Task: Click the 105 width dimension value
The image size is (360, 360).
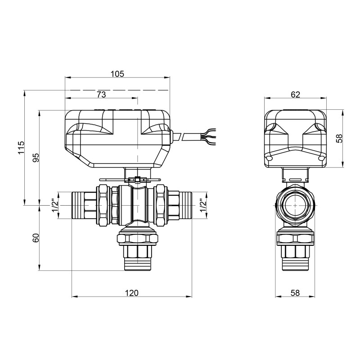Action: click(117, 73)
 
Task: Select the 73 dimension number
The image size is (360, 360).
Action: click(101, 94)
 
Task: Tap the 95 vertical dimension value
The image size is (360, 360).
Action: click(36, 157)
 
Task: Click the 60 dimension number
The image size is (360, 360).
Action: click(36, 238)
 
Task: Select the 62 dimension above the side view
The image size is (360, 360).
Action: click(295, 94)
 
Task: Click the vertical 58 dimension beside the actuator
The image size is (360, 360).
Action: click(340, 138)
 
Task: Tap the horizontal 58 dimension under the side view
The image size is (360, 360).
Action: click(295, 293)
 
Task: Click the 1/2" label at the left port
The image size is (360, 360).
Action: click(55, 205)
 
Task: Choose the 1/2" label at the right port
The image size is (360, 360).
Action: click(202, 205)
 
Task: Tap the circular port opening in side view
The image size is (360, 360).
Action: click(295, 205)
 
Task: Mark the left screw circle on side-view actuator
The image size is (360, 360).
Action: click(269, 158)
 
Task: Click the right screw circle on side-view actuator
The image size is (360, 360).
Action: click(321, 158)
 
